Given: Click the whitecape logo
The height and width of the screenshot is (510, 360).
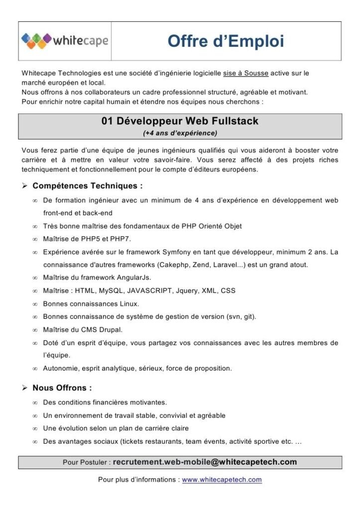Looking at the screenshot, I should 65,40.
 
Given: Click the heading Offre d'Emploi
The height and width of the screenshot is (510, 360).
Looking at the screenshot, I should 226,41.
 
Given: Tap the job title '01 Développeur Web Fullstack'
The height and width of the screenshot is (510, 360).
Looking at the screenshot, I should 180,121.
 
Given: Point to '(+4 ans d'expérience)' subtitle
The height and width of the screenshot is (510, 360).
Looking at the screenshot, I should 180,133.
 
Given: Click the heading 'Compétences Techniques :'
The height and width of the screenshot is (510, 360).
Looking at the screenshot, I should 88,186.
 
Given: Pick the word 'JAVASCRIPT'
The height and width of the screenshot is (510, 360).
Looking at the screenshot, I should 148,290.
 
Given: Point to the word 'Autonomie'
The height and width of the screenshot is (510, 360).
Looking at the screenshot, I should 60,369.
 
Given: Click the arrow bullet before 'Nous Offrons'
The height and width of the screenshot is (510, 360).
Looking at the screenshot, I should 24,388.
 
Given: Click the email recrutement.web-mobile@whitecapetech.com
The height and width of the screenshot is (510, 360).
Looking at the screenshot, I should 205,462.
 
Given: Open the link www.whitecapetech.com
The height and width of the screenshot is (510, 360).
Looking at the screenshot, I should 222,480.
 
